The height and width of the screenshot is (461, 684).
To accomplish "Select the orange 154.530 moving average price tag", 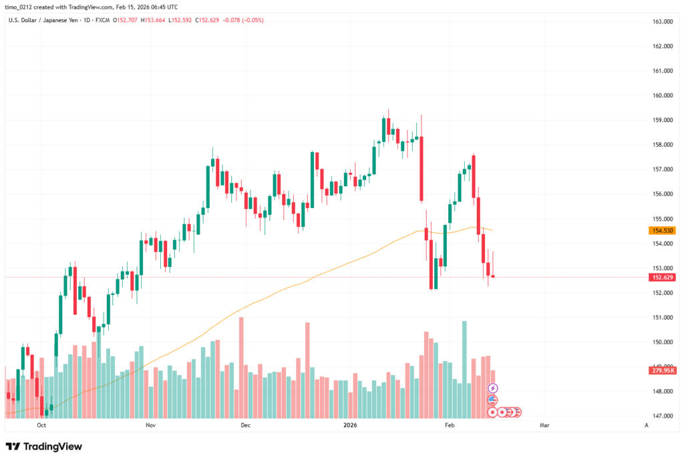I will point(661,230).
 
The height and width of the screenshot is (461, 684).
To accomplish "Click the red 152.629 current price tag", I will point(661,277).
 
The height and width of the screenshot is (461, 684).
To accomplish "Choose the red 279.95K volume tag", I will point(661,370).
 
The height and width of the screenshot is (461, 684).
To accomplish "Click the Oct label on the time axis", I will point(41,424).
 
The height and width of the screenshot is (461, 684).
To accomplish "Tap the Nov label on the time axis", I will point(150,424).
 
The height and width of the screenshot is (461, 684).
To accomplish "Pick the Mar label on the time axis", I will point(544,424).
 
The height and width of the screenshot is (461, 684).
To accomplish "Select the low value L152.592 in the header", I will point(178,20).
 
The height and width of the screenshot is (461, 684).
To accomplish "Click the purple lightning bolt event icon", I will point(493,388).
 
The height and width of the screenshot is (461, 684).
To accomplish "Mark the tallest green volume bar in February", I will point(464,367).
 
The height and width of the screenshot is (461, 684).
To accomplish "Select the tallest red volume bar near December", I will point(241,367).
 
